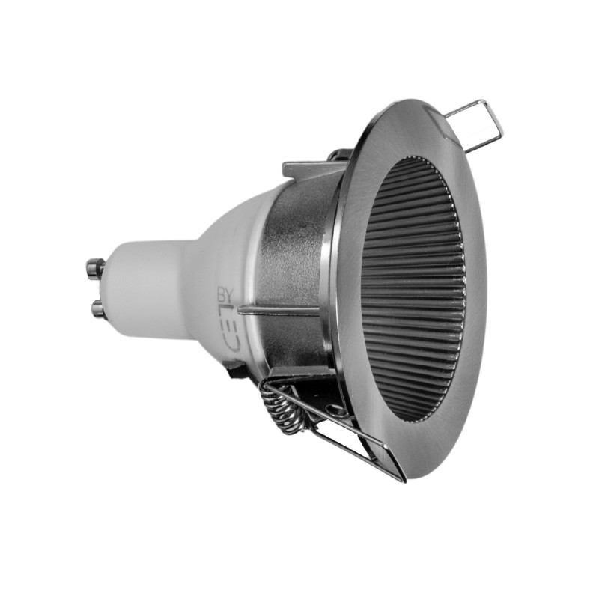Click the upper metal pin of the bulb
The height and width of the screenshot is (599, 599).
click(95, 266)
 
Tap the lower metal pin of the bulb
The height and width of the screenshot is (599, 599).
click(97, 307)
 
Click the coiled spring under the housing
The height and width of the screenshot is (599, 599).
click(288, 410)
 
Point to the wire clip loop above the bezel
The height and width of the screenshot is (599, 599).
click(475, 124)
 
